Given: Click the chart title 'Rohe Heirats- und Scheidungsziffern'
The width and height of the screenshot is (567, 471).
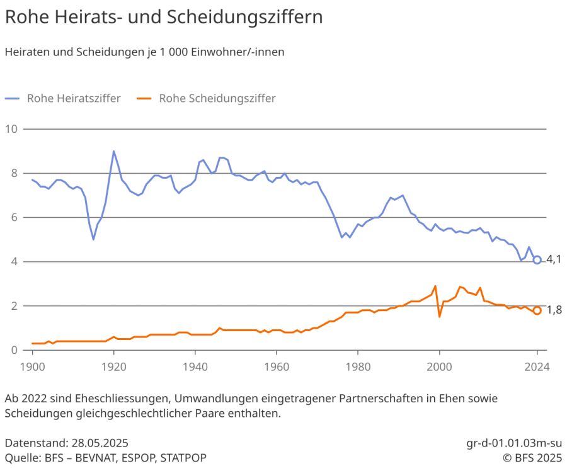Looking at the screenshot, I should tap(164, 17).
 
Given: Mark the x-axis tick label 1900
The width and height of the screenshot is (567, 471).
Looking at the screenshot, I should tap(32, 365).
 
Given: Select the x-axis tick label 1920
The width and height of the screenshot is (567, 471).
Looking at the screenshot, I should tap(113, 365).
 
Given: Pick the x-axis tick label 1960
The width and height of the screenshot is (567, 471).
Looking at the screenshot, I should tap(277, 365).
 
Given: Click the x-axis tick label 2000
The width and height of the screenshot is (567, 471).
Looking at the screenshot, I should tap(440, 365).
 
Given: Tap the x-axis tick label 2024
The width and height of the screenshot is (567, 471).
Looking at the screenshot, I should tap(537, 365).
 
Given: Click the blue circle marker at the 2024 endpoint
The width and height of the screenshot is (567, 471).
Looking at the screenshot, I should tap(537, 259).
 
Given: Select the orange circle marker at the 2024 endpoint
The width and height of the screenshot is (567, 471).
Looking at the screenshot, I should tap(537, 310).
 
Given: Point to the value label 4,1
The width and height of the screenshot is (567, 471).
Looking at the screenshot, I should tap(554, 259).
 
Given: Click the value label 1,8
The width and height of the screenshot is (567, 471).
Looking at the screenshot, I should tap(554, 310).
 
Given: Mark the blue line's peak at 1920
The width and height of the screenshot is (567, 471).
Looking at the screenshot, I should tap(113, 151).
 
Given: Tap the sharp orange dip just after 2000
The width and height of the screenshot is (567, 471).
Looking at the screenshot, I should tap(440, 316).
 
